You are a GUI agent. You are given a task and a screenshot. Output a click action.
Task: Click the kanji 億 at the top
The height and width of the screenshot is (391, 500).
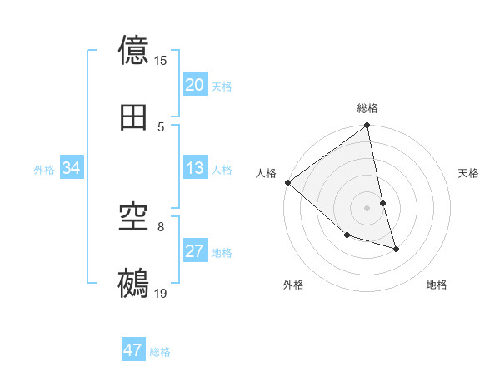(134, 51)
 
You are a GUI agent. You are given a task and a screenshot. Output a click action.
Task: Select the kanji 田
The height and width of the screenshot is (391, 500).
(134, 116)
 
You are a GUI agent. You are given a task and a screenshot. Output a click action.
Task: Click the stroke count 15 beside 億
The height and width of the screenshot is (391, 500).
(161, 61)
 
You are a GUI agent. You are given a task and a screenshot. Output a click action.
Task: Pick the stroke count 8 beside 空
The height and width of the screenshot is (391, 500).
(160, 225)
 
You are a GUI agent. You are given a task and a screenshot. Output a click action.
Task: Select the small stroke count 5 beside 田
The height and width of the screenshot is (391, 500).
(161, 126)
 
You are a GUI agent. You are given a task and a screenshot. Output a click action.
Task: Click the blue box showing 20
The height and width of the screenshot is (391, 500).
(195, 85)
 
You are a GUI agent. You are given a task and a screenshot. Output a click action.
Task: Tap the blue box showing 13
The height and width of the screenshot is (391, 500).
(195, 168)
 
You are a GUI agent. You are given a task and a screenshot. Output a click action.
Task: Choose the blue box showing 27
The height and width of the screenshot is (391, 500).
(195, 251)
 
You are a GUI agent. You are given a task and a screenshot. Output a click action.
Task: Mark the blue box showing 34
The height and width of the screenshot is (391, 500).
(72, 168)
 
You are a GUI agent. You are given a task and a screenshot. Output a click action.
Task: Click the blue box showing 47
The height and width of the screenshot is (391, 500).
(133, 350)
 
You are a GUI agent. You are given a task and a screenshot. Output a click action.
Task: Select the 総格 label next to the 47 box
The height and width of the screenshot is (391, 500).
(160, 352)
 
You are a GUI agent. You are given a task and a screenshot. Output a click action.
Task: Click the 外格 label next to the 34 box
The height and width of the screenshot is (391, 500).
(44, 169)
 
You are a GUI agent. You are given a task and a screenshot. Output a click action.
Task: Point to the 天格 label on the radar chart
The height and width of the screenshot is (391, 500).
(469, 173)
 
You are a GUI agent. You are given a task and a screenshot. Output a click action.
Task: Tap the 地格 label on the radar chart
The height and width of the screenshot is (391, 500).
(437, 285)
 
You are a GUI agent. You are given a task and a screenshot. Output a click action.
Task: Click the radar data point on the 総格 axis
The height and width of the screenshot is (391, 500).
(367, 126)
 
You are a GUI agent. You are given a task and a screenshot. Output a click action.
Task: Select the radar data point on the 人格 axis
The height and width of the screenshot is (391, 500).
(287, 182)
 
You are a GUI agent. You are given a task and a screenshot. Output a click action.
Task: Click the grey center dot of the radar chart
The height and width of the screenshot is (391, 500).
(367, 207)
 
